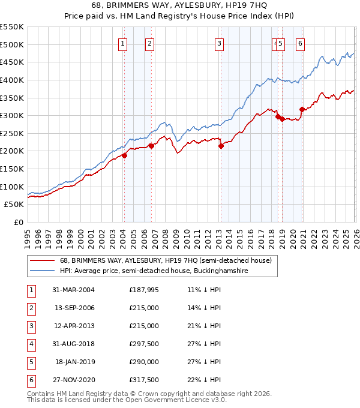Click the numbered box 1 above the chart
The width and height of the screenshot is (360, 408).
(x=122, y=43)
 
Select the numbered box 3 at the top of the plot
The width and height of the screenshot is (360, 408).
(x=220, y=43)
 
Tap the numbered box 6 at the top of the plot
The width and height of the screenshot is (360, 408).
(x=300, y=43)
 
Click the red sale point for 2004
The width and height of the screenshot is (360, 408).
(x=124, y=155)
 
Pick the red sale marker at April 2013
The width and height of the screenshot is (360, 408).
(x=221, y=146)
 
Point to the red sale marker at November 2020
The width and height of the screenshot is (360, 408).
(x=302, y=109)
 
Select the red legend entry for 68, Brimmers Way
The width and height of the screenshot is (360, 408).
(x=166, y=260)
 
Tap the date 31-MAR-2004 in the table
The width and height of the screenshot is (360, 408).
(x=74, y=290)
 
